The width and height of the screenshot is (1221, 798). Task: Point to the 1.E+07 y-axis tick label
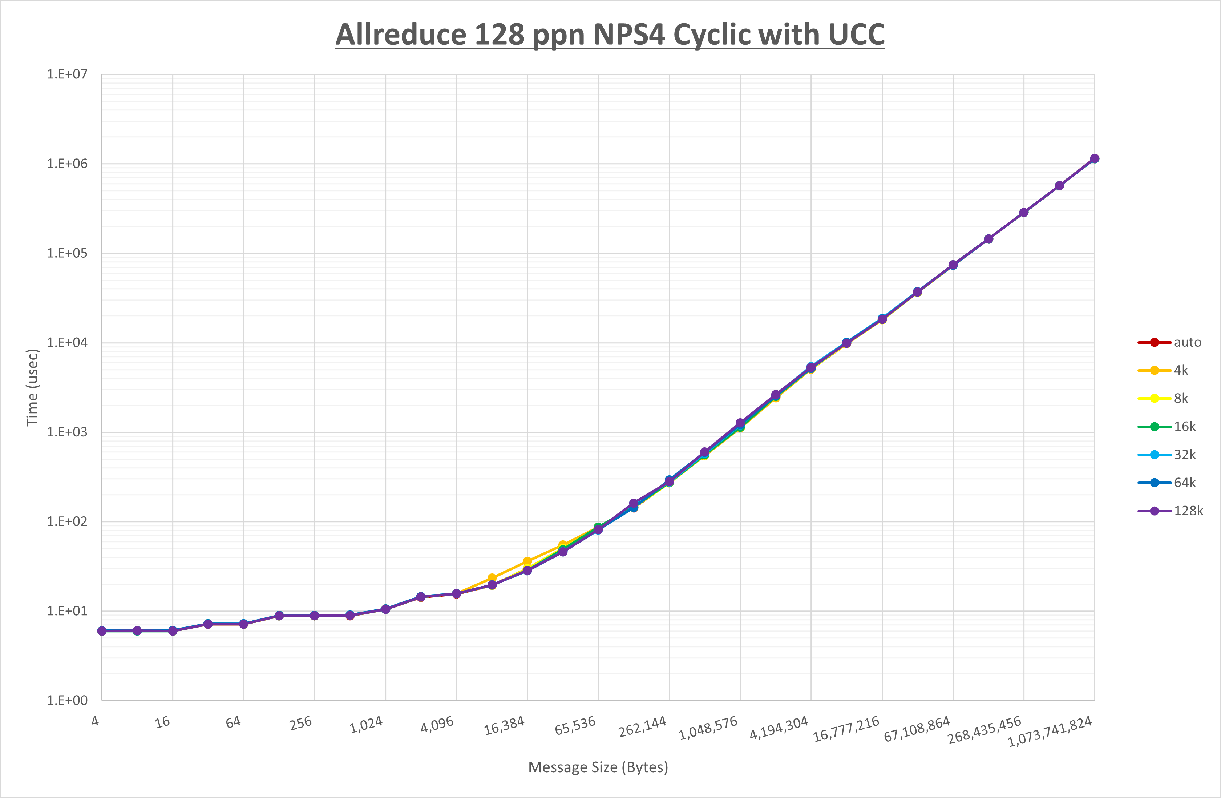pos(67,74)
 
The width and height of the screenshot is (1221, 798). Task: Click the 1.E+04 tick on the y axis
pos(67,342)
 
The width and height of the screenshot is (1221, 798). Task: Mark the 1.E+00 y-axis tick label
pos(67,700)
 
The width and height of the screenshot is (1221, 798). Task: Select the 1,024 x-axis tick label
pos(366,725)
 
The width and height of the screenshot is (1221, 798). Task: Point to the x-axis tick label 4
pos(96,721)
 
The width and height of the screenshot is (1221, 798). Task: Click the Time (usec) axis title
pos(32,387)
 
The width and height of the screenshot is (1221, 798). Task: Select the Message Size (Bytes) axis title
pos(598,767)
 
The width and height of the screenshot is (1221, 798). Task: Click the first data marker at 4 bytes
pos(102,631)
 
